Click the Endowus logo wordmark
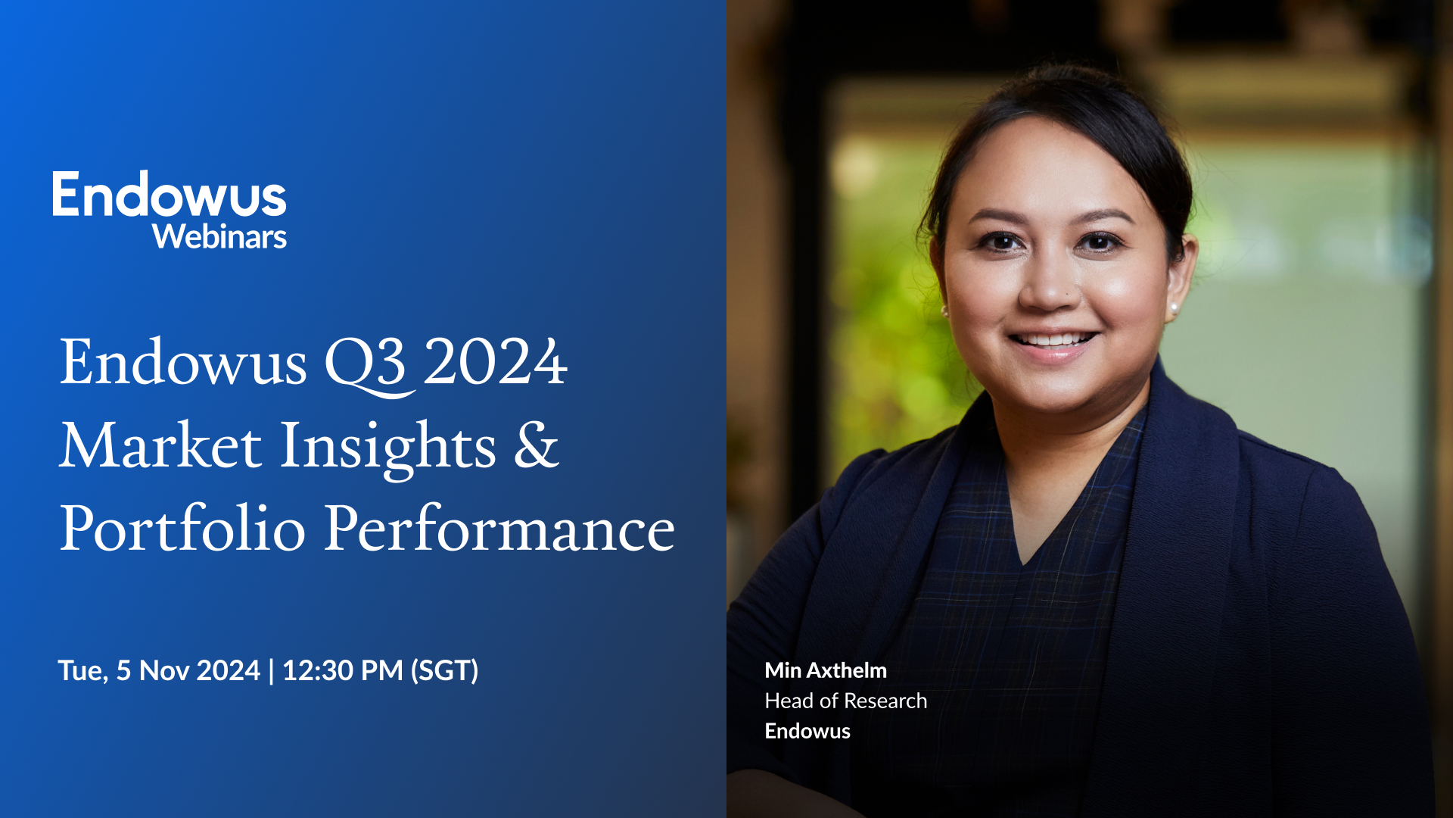169,195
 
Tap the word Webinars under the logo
219,237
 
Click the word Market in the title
160,445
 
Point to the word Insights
388,447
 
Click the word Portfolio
182,529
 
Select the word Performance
499,529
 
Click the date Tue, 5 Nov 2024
159,670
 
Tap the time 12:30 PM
342,670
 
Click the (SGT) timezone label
444,670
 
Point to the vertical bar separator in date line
271,670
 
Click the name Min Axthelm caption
826,670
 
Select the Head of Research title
845,701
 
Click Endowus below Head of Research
807,731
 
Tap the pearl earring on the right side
1175,308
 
